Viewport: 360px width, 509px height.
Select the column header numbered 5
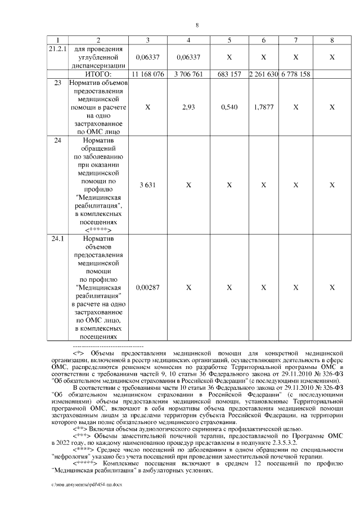click(229, 40)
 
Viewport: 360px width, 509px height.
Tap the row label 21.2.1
click(58, 49)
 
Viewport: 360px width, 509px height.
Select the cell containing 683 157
click(229, 74)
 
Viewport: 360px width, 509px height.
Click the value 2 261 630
click(263, 74)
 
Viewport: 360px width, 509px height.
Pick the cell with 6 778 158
click(296, 74)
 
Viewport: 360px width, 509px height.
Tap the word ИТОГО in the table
click(98, 74)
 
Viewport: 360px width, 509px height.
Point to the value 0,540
click(229, 106)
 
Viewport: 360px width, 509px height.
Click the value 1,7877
click(263, 106)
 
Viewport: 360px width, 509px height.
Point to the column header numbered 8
click(332, 40)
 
